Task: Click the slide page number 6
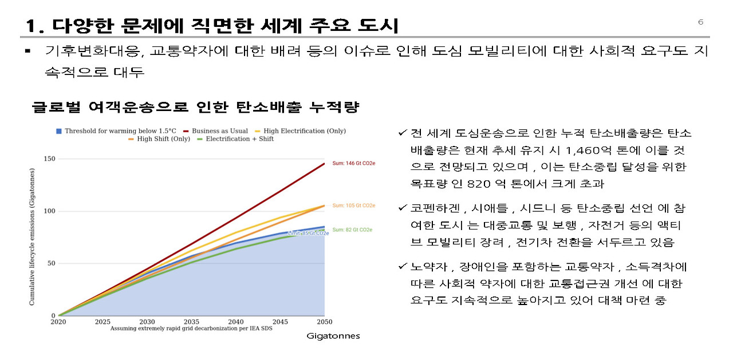point(700,22)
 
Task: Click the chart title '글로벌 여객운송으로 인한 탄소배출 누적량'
point(196,107)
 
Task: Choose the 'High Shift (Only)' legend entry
point(160,139)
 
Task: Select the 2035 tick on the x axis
point(192,322)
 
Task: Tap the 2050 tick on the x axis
point(324,322)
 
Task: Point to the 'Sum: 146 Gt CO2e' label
point(353,164)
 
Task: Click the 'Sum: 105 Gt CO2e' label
point(353,205)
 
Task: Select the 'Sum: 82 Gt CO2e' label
point(353,230)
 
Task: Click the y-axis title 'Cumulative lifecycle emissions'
point(33,236)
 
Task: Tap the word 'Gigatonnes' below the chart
point(333,336)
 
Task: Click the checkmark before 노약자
point(403,267)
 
